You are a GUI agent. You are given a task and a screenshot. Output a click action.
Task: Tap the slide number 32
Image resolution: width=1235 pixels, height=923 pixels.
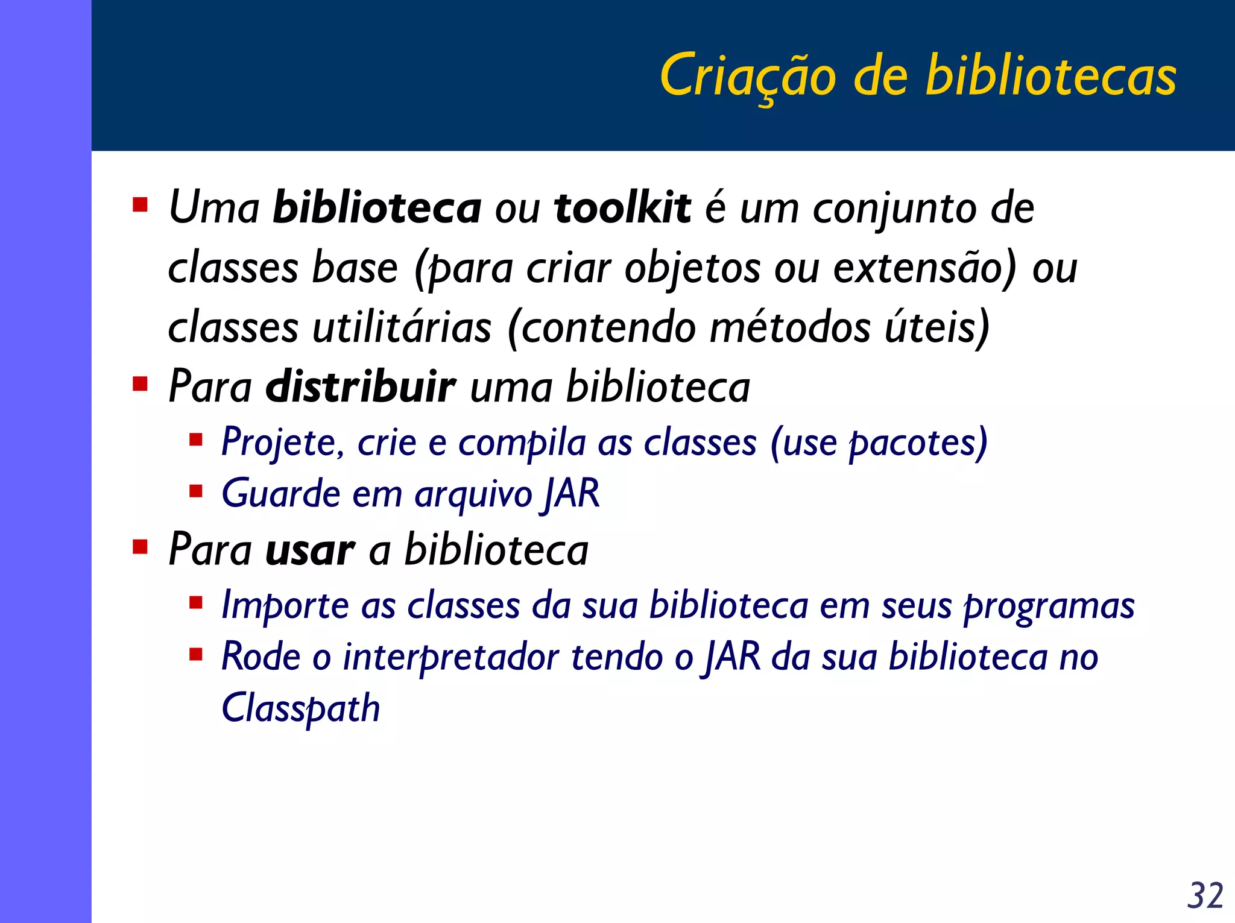tap(1205, 895)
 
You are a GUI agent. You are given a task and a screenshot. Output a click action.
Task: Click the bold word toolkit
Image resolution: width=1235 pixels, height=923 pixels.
tap(622, 208)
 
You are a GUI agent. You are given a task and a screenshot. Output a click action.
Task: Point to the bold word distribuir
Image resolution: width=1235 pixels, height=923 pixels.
tap(361, 386)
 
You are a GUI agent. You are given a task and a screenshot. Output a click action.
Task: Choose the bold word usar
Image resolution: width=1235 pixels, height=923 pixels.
tap(310, 550)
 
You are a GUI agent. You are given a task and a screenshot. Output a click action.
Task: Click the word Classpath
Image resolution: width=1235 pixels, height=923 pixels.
tap(301, 708)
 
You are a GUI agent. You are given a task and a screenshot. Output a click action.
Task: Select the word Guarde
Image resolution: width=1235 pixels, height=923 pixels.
tap(282, 494)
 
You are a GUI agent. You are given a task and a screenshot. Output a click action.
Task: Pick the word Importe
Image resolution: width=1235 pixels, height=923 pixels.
tap(285, 605)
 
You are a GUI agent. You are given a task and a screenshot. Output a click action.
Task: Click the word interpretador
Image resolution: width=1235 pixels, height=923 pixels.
tap(451, 657)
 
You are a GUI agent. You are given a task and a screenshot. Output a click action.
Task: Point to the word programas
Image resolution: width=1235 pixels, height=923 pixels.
tap(1049, 605)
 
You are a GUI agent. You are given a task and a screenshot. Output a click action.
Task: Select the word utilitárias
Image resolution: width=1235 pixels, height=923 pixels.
tap(402, 327)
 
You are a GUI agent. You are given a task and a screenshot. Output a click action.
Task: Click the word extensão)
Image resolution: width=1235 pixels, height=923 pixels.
tap(924, 268)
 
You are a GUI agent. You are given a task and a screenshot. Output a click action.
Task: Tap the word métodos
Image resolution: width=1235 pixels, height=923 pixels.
tap(790, 327)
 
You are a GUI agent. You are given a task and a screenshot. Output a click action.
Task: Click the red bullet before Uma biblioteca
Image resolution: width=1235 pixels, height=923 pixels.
tap(141, 206)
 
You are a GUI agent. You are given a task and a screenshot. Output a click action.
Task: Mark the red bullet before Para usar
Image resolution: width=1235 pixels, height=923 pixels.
tap(141, 547)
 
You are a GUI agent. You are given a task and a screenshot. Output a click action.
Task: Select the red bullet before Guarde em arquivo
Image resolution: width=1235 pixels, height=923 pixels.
tap(195, 491)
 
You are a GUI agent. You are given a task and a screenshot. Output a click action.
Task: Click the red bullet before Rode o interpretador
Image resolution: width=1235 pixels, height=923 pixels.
tap(195, 654)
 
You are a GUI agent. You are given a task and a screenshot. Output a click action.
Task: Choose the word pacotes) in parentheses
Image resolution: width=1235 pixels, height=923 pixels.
tap(918, 443)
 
